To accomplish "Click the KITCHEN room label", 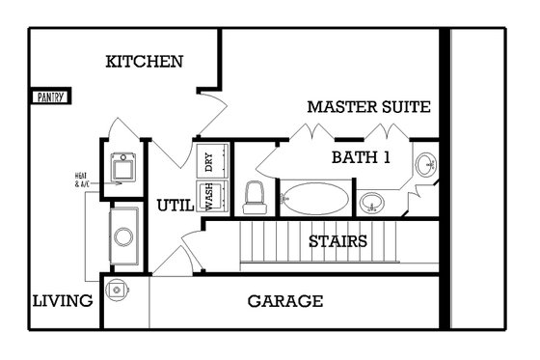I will pos(145,62).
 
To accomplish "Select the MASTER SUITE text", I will pos(368,106).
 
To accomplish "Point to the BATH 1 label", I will pos(361,157).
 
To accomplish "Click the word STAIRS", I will pos(337,240).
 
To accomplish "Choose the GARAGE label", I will pos(285,301).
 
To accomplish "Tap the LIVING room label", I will pos(64,301).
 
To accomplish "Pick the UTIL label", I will pos(175,205).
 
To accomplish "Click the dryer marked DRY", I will pos(210,161).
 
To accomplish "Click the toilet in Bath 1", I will pos(256,197).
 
